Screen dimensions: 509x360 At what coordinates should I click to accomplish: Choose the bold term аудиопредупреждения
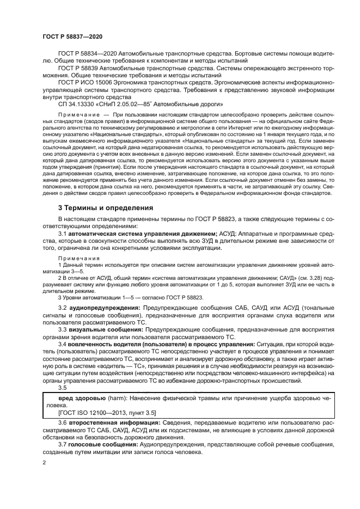(105, 308)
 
